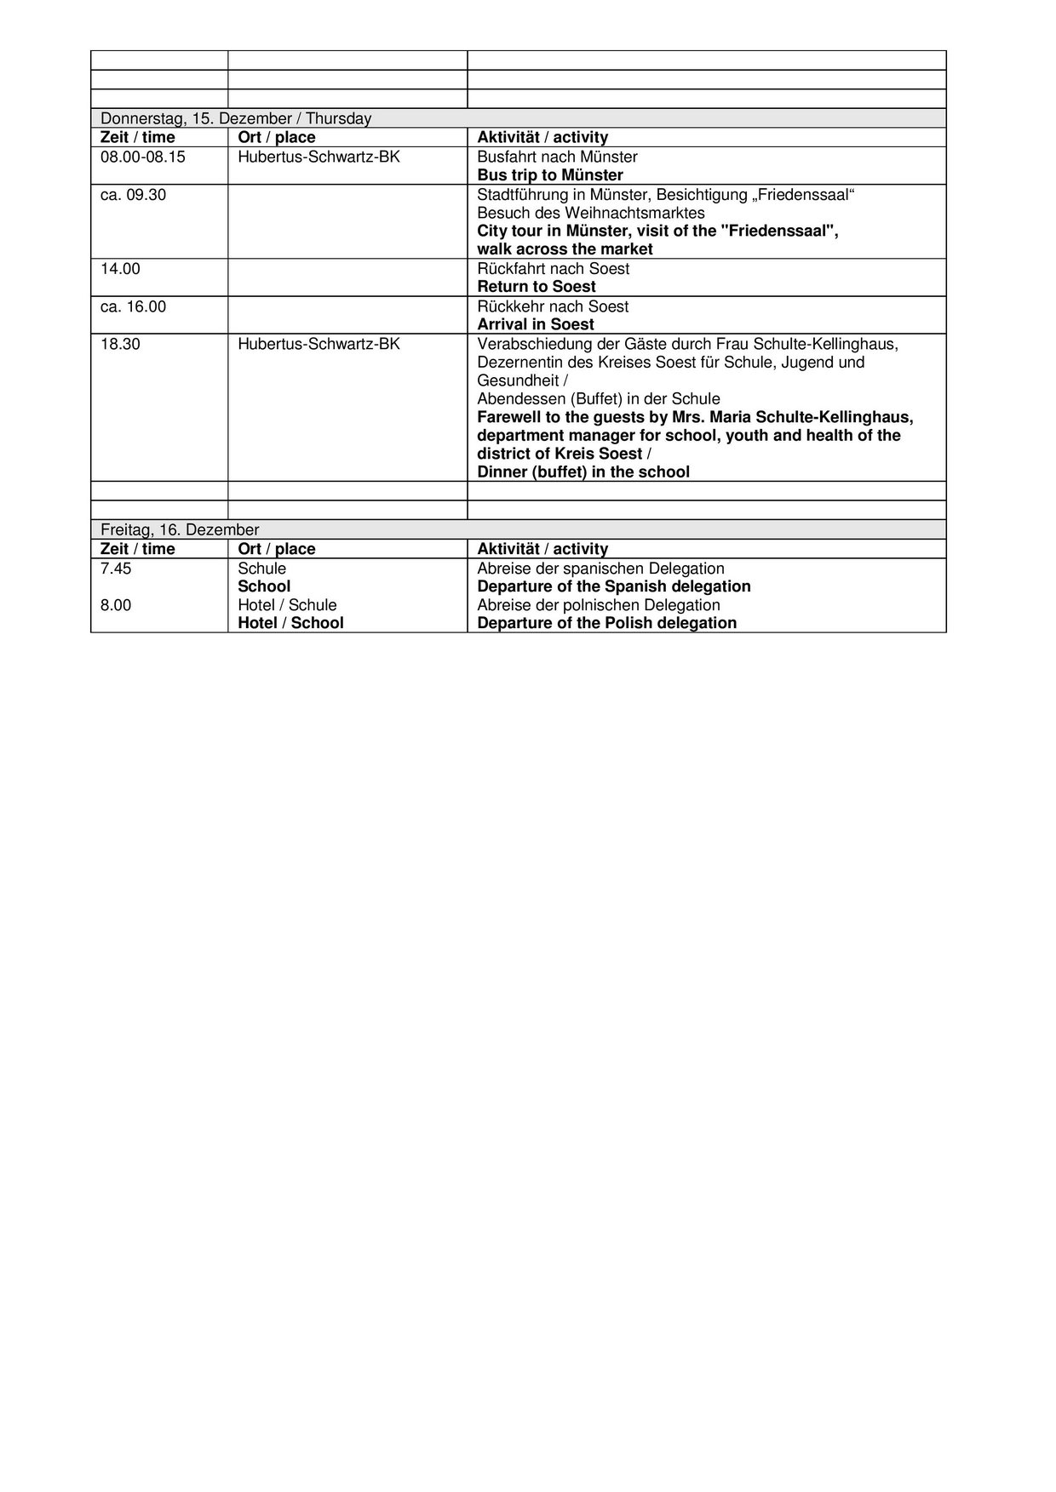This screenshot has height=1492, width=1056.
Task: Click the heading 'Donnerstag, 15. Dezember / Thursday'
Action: point(236,119)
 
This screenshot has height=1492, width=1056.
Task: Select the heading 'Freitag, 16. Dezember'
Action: point(180,530)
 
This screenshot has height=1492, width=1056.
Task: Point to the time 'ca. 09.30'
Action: point(133,195)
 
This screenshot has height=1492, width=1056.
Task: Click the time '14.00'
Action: point(120,269)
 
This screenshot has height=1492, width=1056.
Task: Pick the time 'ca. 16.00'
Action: point(133,306)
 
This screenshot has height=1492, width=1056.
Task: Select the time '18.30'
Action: point(120,344)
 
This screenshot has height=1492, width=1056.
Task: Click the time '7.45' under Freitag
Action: point(116,569)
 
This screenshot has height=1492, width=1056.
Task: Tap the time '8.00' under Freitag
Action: point(116,605)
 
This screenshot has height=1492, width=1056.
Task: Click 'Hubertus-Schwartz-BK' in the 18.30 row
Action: point(319,344)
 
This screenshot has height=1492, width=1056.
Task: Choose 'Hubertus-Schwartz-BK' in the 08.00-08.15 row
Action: point(319,157)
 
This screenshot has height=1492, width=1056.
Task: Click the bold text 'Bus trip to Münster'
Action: point(550,175)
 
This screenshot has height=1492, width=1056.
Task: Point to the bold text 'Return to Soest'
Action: point(537,287)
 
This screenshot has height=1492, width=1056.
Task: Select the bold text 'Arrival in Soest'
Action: point(536,324)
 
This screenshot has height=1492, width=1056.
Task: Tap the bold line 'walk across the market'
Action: point(565,249)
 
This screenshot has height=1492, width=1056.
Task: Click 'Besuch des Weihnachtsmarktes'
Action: point(591,213)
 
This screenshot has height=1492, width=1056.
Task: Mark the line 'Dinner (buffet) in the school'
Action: point(583,472)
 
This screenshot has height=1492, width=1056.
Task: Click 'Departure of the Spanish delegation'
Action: point(614,586)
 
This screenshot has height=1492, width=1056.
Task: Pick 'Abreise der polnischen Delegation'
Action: point(599,605)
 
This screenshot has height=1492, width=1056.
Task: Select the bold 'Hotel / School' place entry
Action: point(290,623)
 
